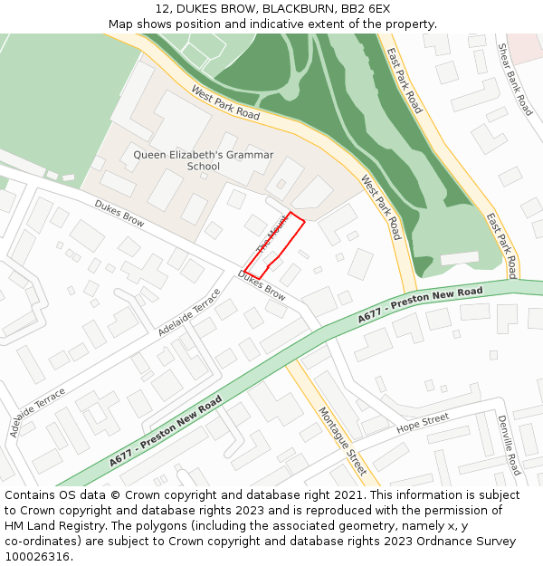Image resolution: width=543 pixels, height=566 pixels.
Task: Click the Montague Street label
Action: pyautogui.click(x=342, y=441)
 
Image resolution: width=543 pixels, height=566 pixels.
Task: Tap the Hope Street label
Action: pyautogui.click(x=422, y=421)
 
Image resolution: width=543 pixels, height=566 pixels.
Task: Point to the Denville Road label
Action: pyautogui.click(x=509, y=445)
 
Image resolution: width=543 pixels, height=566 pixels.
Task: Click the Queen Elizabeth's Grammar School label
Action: pyautogui.click(x=203, y=160)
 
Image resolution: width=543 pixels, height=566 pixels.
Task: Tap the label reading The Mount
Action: pyautogui.click(x=271, y=235)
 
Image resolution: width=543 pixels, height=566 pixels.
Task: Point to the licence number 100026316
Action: pyautogui.click(x=37, y=557)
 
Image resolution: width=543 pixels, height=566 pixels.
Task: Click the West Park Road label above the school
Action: pyautogui.click(x=225, y=103)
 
